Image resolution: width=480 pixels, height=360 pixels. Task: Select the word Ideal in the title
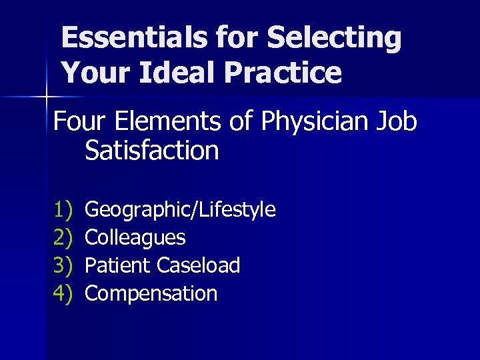tap(171, 72)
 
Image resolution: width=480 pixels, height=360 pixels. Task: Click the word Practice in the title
tap(281, 72)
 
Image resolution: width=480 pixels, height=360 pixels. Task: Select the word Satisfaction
tap(152, 151)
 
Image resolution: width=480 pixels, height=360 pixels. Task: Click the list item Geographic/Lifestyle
tap(181, 210)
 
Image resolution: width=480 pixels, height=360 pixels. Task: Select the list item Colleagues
tap(136, 237)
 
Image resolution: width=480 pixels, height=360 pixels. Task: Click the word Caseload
tap(199, 265)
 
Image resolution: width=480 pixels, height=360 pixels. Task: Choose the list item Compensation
tap(152, 293)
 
